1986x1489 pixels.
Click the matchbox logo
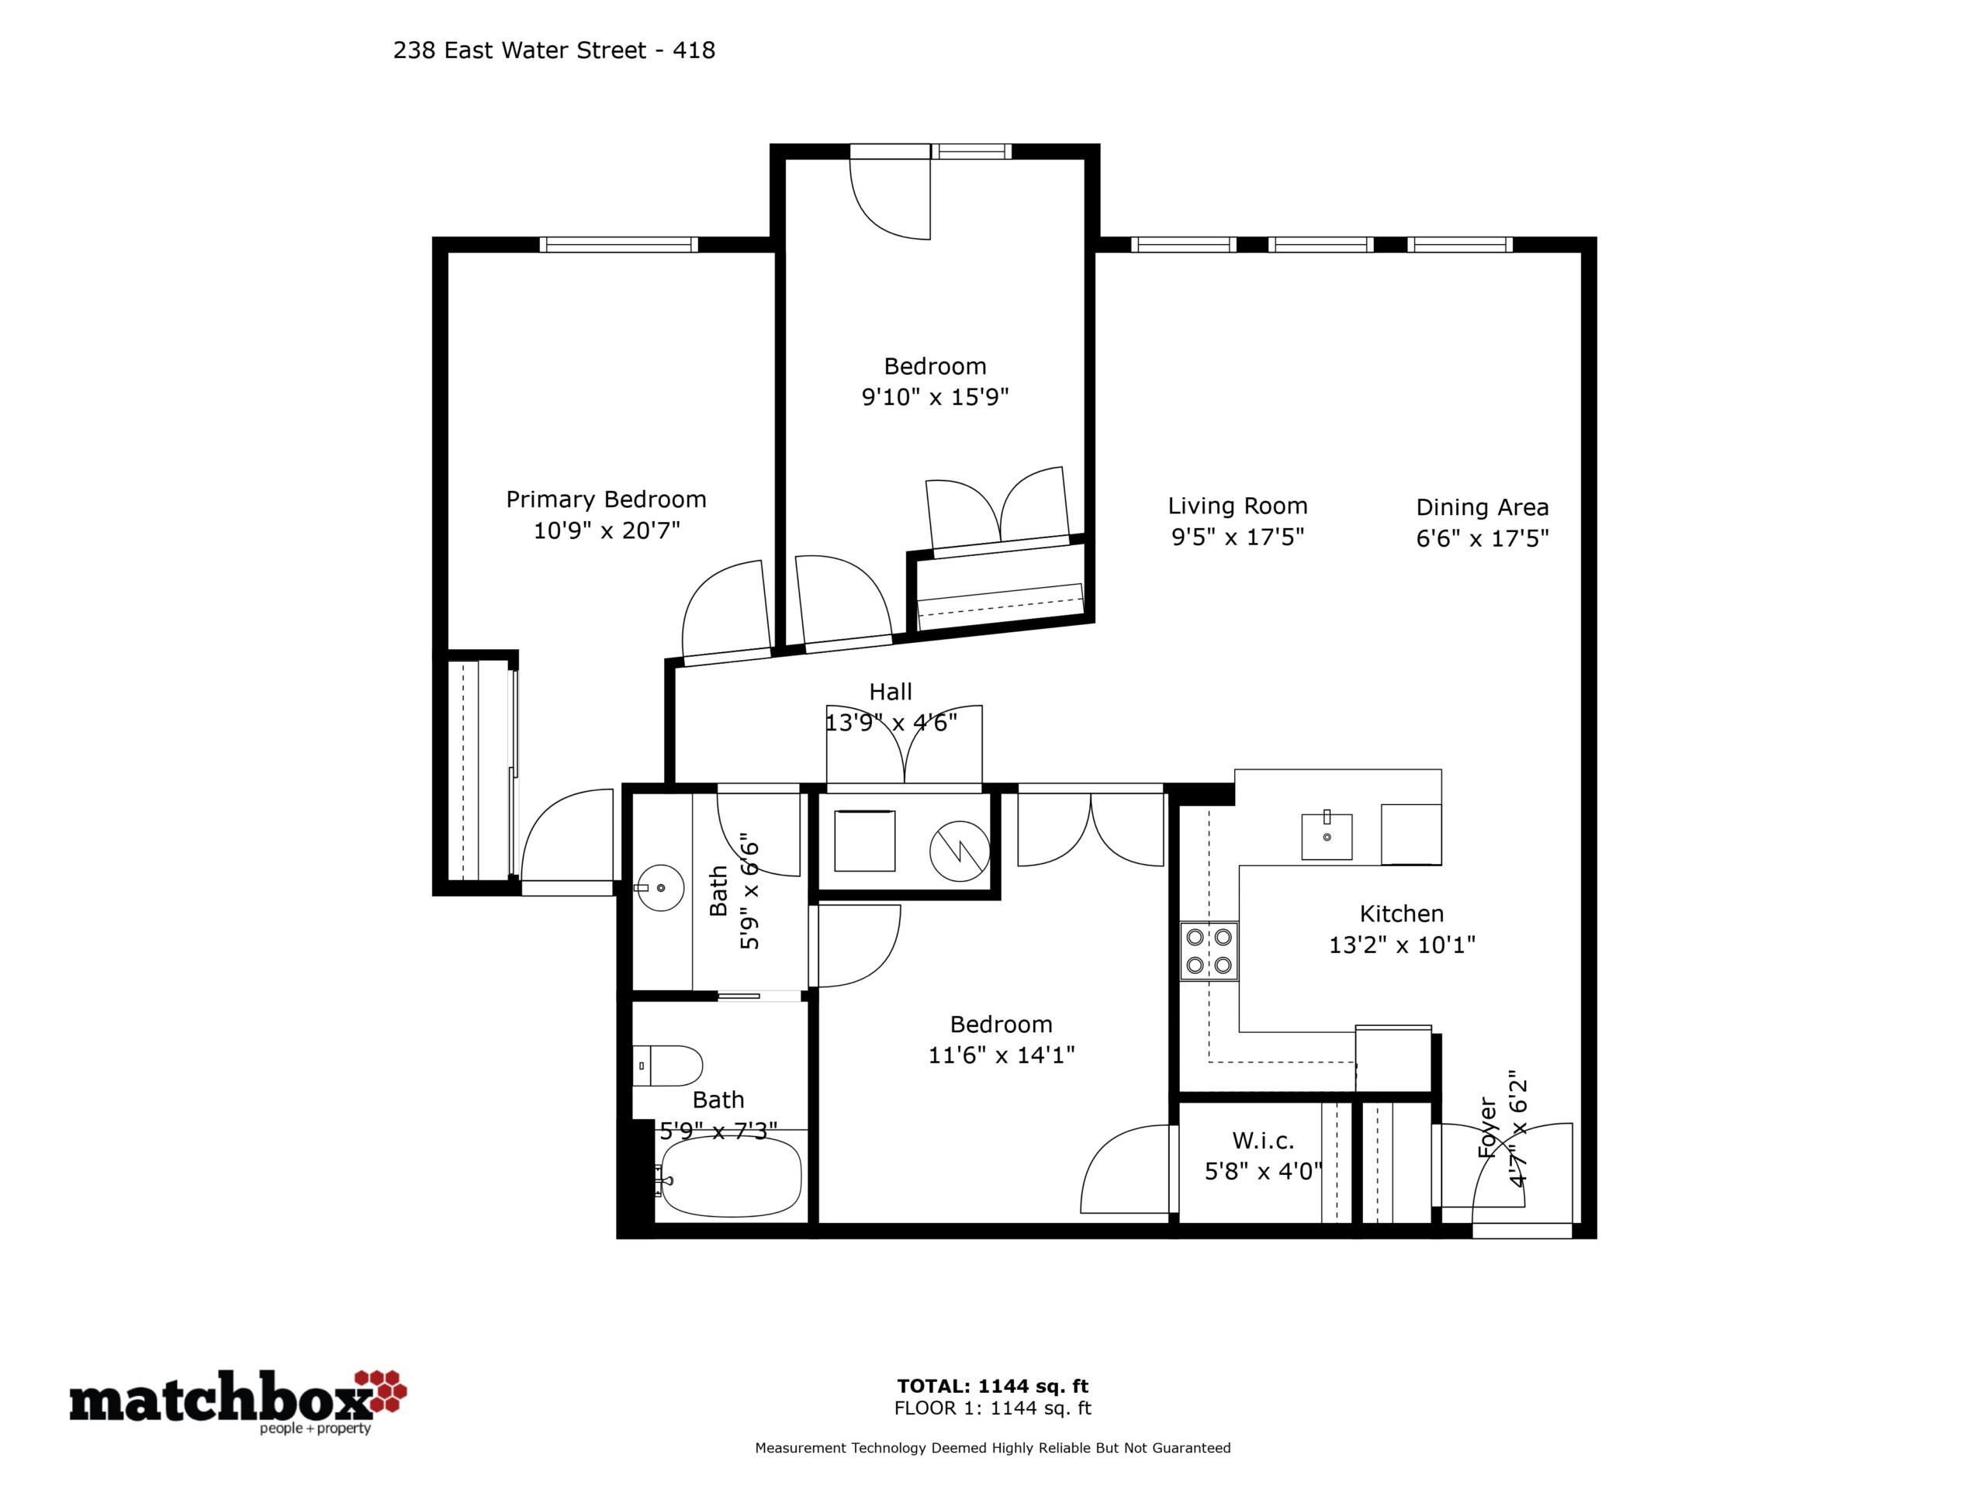coord(238,1401)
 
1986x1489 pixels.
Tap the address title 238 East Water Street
coord(520,50)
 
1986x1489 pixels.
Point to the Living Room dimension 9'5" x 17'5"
coord(1237,537)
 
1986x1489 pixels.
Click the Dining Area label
coord(1483,507)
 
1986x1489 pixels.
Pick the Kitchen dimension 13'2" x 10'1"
coord(1402,945)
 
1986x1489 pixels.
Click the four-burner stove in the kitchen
coord(1209,952)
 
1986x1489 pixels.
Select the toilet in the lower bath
coord(667,1066)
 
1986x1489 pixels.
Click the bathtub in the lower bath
coord(728,1177)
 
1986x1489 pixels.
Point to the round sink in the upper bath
coord(660,888)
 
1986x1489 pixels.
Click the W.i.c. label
coord(1263,1141)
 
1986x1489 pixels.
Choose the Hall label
coord(891,692)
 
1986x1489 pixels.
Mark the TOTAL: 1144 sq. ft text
coord(993,1387)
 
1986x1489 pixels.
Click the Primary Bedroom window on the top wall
coord(618,244)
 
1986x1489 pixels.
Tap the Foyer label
coord(1487,1128)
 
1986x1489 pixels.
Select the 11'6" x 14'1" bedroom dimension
coord(1001,1055)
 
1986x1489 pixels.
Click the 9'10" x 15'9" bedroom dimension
coord(936,397)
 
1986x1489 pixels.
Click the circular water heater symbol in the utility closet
coord(959,851)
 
